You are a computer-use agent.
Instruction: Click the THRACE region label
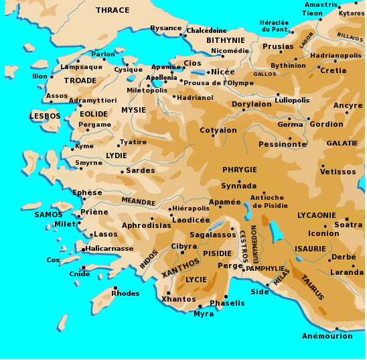click(x=113, y=10)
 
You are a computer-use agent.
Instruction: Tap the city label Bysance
click(x=165, y=28)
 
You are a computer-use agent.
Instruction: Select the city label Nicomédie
click(x=230, y=50)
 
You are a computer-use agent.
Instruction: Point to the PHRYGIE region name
click(x=239, y=170)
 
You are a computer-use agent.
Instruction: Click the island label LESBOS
click(x=45, y=116)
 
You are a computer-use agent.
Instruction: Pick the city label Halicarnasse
click(x=108, y=249)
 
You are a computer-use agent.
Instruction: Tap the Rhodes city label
click(x=125, y=293)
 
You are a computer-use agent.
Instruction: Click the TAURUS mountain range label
click(x=312, y=287)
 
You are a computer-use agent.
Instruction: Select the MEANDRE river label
click(x=138, y=201)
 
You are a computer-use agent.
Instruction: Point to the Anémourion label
click(x=327, y=336)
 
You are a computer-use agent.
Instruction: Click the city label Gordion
click(x=325, y=124)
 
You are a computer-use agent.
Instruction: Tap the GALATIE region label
click(x=342, y=143)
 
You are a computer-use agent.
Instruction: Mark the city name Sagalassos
click(x=213, y=235)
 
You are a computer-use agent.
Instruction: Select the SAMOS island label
click(x=48, y=215)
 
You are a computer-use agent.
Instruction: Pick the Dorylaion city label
click(x=251, y=105)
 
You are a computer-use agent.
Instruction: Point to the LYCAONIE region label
click(x=317, y=215)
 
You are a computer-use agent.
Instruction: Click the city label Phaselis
click(x=228, y=303)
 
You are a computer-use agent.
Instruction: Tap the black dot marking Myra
click(x=200, y=306)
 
